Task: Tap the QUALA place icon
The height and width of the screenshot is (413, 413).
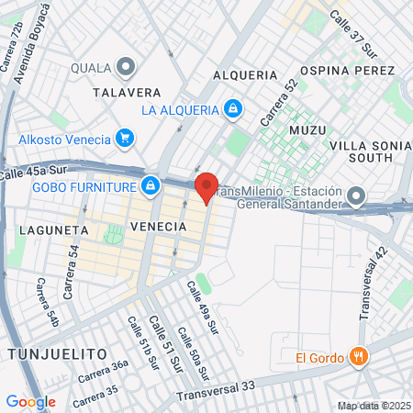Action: [x=126, y=67]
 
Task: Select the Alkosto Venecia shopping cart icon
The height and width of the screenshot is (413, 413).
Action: [x=124, y=139]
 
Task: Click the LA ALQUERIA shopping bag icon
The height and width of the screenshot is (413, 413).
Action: [x=234, y=109]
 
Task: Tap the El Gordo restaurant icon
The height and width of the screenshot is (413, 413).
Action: [x=359, y=357]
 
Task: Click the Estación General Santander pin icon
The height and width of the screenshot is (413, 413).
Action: [x=357, y=196]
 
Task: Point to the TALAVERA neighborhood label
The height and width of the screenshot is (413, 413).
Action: [x=127, y=92]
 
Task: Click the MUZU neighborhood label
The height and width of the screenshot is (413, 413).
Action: [x=307, y=130]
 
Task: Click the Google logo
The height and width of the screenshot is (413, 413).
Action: [x=30, y=401]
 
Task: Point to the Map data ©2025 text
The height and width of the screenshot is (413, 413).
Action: [x=373, y=406]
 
